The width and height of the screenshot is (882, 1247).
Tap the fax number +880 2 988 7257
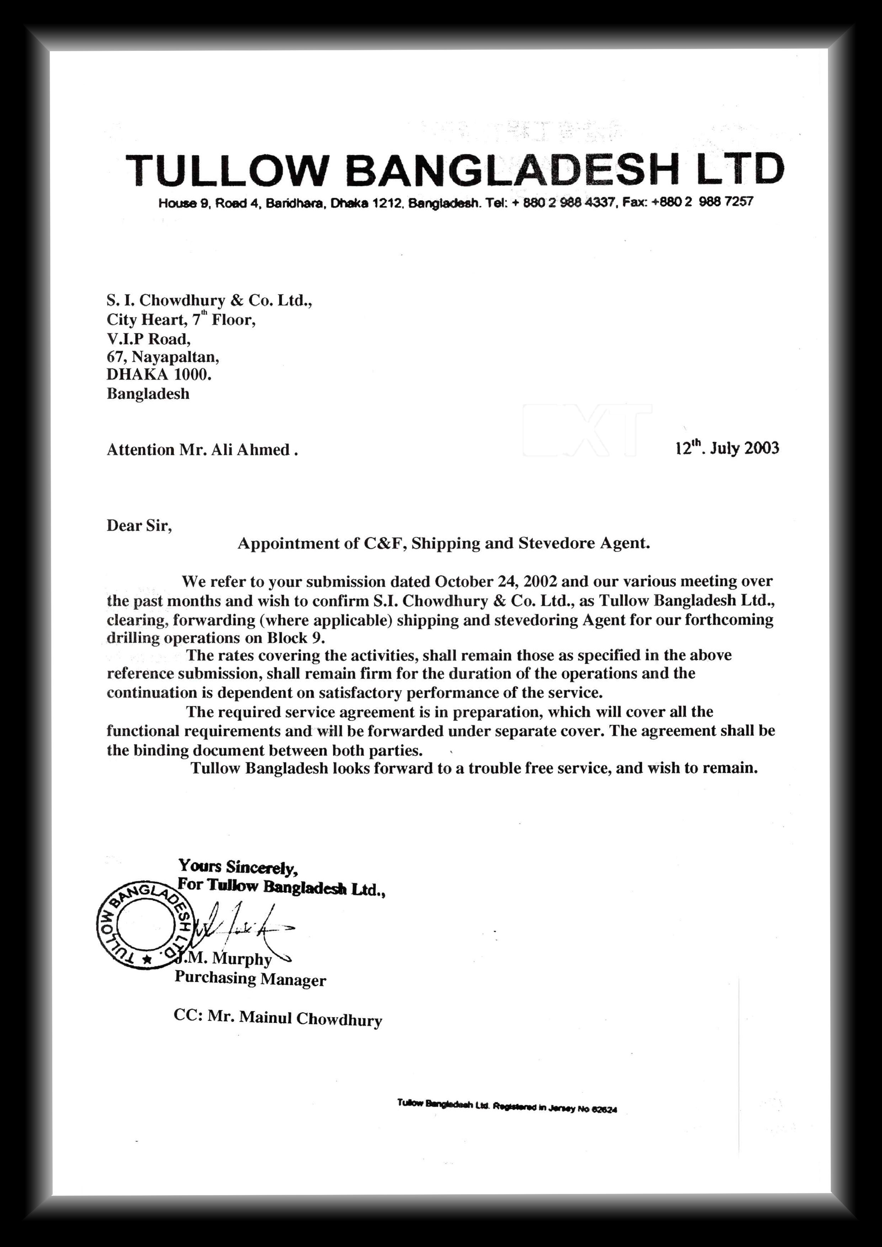[703, 202]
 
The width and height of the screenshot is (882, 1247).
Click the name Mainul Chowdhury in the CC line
[310, 1018]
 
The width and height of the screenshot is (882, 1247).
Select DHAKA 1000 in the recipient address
[159, 375]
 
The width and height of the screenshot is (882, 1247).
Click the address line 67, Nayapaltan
[163, 357]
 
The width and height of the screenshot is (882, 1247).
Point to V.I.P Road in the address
[148, 338]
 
